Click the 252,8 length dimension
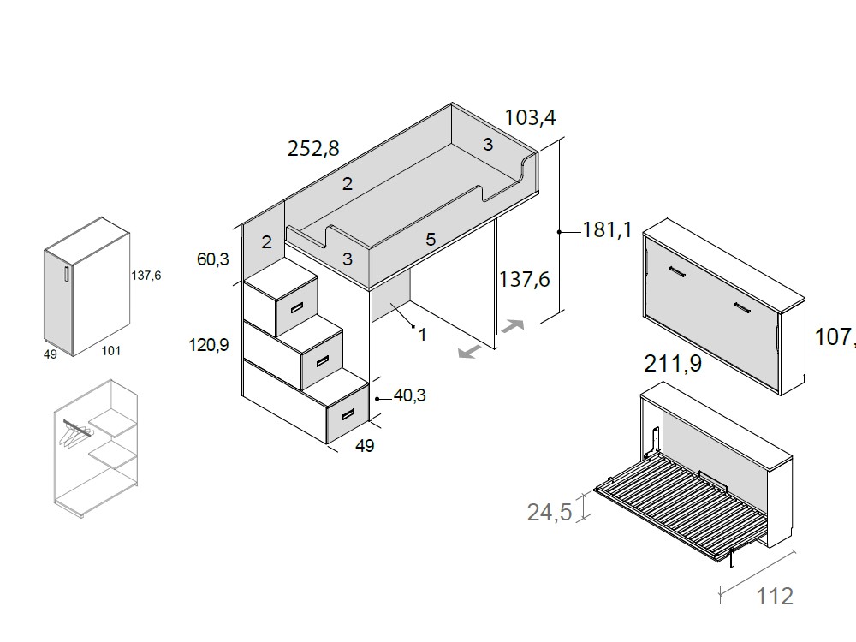[313, 149]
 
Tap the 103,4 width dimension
[536, 117]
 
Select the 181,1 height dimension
[607, 229]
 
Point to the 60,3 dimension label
[212, 259]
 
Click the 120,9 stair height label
[208, 345]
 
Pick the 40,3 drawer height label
[411, 395]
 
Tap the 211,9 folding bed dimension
[672, 365]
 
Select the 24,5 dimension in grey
[549, 513]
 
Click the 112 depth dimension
[775, 597]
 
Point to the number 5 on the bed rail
[431, 240]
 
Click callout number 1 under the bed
[423, 335]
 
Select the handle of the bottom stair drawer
[348, 414]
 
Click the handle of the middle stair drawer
[322, 360]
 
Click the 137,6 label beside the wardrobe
[146, 276]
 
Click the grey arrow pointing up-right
[514, 326]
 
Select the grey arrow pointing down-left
[467, 352]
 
